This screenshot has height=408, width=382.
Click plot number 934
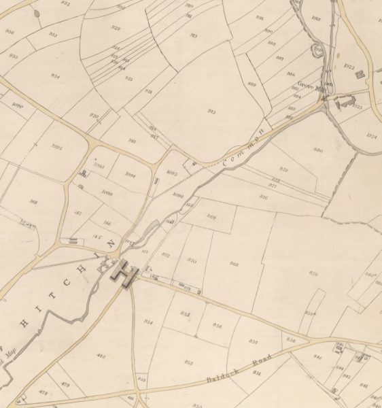(x=55, y=76)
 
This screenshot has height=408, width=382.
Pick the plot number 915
(x=211, y=112)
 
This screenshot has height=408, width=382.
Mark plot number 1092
(x=57, y=147)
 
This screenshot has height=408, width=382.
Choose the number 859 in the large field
(x=313, y=273)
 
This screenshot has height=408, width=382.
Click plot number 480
(x=102, y=356)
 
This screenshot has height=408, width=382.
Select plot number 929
(x=116, y=28)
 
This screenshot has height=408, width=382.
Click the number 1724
(x=371, y=136)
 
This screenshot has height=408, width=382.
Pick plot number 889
(x=251, y=84)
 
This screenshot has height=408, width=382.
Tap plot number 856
(x=218, y=326)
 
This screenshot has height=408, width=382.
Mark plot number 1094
(x=131, y=175)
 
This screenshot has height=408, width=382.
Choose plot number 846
(x=317, y=356)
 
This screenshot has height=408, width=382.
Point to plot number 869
(x=211, y=217)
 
